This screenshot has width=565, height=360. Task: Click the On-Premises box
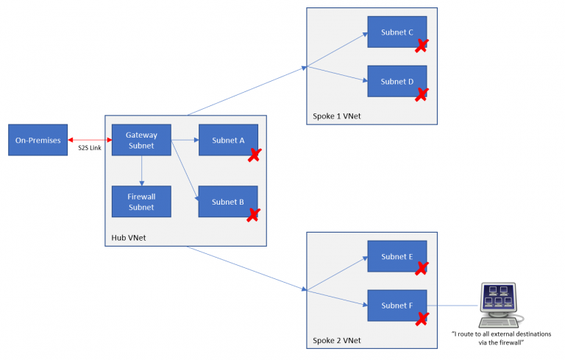click(x=38, y=140)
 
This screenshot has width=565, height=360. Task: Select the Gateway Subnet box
click(x=141, y=140)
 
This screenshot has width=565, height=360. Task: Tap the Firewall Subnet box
click(x=141, y=202)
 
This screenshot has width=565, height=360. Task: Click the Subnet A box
click(x=227, y=140)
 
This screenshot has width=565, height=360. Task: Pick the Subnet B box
click(x=227, y=202)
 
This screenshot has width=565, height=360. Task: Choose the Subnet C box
click(x=397, y=32)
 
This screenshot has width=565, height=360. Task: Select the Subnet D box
click(x=397, y=81)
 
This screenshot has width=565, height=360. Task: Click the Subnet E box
click(x=397, y=256)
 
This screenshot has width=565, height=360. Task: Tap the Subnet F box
click(x=397, y=305)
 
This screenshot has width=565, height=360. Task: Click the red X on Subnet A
click(x=254, y=155)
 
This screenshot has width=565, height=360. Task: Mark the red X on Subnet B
click(x=254, y=215)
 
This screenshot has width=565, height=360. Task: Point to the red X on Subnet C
click(x=422, y=46)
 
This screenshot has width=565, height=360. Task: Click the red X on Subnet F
click(x=422, y=319)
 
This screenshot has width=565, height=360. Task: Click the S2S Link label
click(x=89, y=148)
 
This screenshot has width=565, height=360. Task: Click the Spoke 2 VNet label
click(x=335, y=340)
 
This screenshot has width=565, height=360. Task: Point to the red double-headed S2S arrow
click(x=89, y=139)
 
